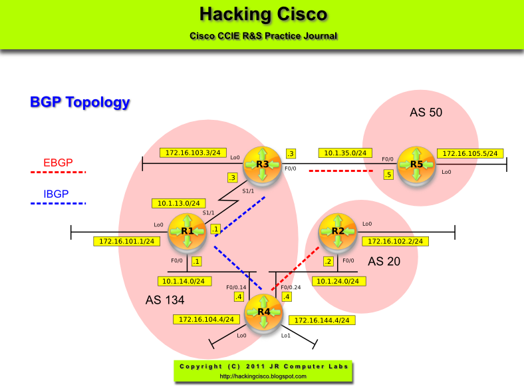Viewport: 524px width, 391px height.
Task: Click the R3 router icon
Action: [262, 164]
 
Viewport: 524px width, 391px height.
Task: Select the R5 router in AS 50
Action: [416, 164]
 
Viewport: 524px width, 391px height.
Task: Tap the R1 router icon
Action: [187, 231]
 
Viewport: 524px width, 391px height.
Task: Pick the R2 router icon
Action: [338, 231]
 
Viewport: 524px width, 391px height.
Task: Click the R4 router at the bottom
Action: [264, 312]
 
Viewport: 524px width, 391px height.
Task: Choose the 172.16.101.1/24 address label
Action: [126, 241]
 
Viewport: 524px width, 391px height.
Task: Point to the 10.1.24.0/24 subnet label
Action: [338, 280]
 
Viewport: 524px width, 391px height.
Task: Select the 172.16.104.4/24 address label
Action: [207, 319]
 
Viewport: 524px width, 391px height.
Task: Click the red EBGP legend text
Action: [58, 162]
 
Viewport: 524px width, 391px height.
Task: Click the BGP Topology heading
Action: [80, 102]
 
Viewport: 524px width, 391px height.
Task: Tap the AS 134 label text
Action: [165, 300]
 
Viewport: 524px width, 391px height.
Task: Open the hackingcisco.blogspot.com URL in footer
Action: [263, 376]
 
